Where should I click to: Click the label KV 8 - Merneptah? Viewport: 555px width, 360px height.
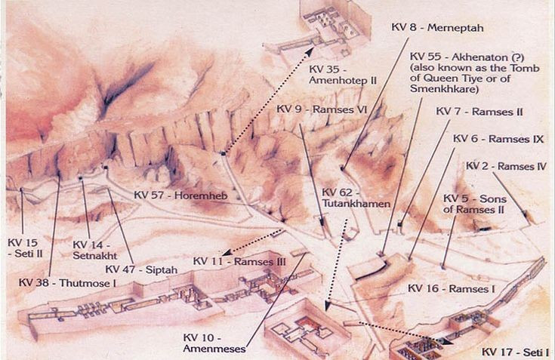[437, 27]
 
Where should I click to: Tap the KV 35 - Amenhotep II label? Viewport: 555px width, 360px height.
[338, 74]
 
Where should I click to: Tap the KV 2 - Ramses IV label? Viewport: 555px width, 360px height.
[506, 166]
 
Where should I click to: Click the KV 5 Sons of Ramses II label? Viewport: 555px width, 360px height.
[472, 203]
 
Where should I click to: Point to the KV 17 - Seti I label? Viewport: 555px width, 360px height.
[513, 352]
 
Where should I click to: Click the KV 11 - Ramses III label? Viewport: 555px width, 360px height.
[239, 261]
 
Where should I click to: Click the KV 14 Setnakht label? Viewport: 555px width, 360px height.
[94, 250]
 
